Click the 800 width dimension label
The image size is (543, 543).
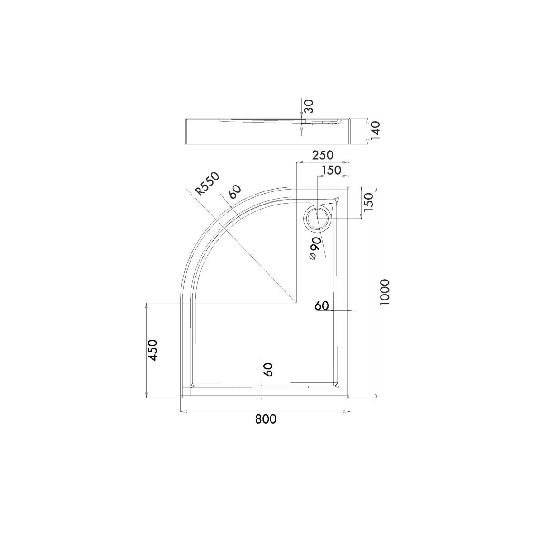coord(266,419)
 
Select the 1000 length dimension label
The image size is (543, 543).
coord(384,292)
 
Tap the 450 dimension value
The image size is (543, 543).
coord(153,350)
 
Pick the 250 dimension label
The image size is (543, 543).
coord(323,155)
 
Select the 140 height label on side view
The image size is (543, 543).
coord(375,130)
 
